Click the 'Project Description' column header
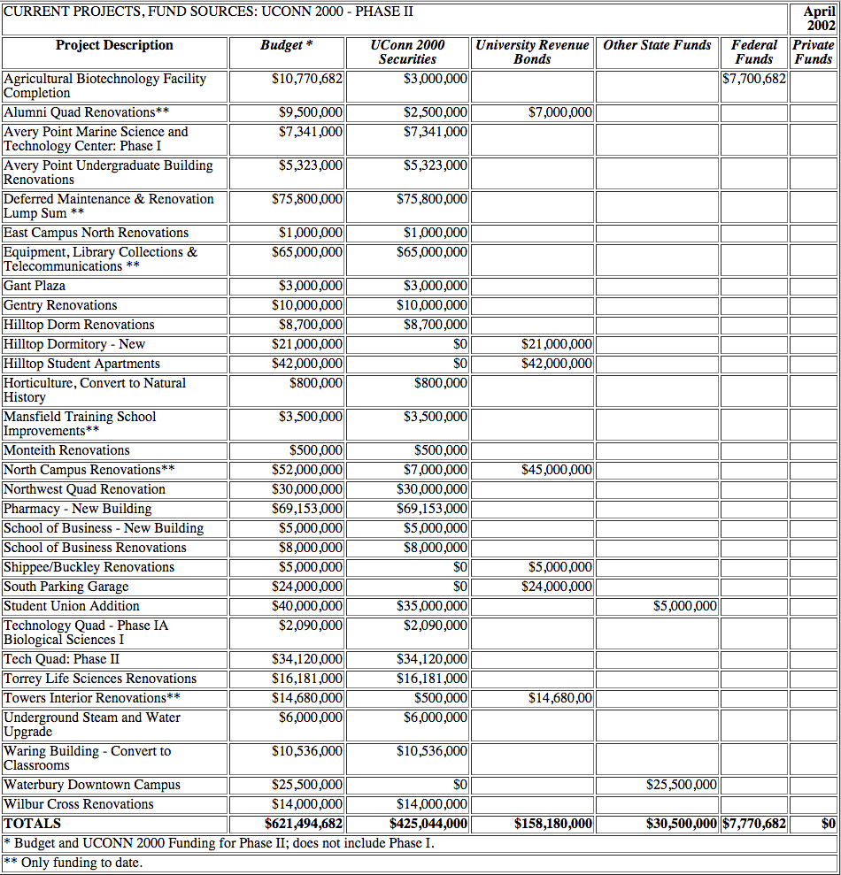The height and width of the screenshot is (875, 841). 114,45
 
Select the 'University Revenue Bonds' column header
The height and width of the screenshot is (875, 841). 532,52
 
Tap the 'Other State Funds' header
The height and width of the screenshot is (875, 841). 657,45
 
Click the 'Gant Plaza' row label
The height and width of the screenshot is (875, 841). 35,286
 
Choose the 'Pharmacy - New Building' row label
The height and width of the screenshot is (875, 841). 78,509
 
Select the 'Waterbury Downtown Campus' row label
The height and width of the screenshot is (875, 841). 92,785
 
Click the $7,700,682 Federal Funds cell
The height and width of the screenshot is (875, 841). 754,79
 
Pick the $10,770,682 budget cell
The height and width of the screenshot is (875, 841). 307,79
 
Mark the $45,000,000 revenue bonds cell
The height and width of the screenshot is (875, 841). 557,470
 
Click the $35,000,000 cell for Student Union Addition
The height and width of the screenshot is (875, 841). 432,606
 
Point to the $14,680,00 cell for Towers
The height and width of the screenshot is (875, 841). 560,698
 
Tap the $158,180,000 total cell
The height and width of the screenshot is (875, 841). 553,824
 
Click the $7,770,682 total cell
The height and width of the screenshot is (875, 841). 754,824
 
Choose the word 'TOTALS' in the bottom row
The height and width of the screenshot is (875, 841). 33,824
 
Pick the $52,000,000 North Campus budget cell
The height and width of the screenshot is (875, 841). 307,470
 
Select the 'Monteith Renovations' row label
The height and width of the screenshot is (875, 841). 66,450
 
